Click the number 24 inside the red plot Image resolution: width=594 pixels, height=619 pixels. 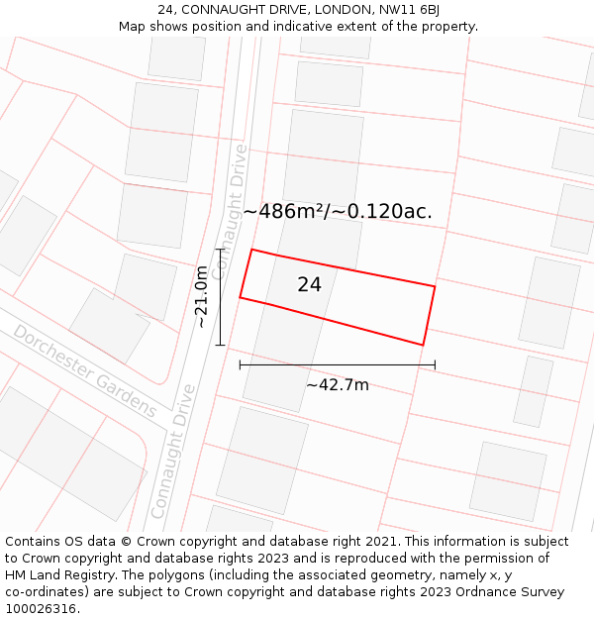tap(309, 284)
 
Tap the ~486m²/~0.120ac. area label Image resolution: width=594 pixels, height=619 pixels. tap(338, 211)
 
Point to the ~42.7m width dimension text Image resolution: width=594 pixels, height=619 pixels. tap(337, 385)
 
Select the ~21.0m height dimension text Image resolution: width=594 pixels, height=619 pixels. tap(201, 296)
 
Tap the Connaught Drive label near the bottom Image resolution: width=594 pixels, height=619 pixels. tap(172, 452)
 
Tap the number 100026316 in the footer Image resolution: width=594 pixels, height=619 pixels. tap(40, 609)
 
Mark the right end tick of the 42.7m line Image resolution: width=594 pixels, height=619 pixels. tap(435, 365)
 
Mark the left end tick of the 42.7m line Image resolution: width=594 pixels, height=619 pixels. tap(240, 365)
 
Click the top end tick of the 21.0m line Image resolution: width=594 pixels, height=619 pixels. tap(220, 249)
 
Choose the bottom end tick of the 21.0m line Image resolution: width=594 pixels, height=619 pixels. tap(220, 345)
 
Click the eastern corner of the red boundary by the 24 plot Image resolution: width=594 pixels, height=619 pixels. tap(435, 286)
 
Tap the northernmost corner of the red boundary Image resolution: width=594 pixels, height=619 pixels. tap(252, 250)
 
